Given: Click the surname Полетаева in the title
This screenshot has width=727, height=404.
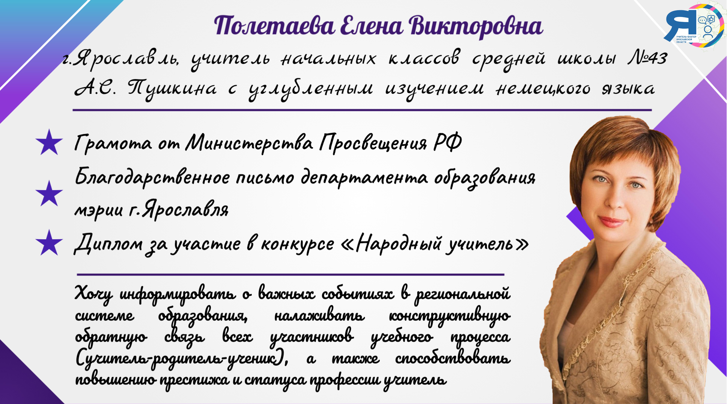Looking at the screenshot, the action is [275, 26].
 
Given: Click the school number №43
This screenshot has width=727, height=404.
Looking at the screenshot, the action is [647, 58].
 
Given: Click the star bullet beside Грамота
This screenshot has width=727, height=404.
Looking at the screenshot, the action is [49, 142].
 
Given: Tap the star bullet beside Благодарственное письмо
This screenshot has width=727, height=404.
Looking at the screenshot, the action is [49, 193].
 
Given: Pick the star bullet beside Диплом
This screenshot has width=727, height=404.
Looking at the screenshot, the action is [49, 243].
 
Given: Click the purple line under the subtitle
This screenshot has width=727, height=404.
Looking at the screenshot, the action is [362, 110].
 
